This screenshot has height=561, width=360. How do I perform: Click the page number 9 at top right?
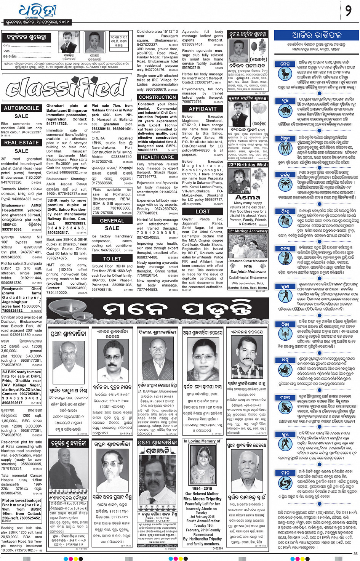(x=348, y=11)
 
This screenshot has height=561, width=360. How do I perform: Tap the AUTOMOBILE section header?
(x=21, y=108)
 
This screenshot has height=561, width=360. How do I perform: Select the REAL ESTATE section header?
(x=21, y=143)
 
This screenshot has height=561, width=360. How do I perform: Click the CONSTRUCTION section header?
(x=157, y=98)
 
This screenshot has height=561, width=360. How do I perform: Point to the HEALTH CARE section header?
(x=157, y=157)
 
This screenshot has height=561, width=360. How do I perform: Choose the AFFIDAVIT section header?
(x=203, y=109)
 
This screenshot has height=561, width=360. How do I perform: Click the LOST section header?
(x=203, y=212)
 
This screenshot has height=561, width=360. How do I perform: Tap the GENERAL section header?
(x=112, y=221)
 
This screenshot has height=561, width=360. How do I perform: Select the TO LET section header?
(x=112, y=258)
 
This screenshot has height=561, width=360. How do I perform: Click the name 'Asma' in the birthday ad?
(x=248, y=197)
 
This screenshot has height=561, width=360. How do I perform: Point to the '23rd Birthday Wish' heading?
(x=248, y=165)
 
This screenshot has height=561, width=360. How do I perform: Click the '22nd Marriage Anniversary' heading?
(x=248, y=231)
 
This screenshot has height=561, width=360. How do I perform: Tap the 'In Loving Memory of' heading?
(x=202, y=441)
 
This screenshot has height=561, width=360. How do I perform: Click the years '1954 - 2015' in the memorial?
(x=202, y=488)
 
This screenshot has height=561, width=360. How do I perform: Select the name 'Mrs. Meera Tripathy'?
(x=202, y=498)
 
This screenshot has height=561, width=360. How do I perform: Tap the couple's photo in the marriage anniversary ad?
(x=248, y=245)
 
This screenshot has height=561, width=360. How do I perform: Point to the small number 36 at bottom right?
(x=355, y=553)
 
